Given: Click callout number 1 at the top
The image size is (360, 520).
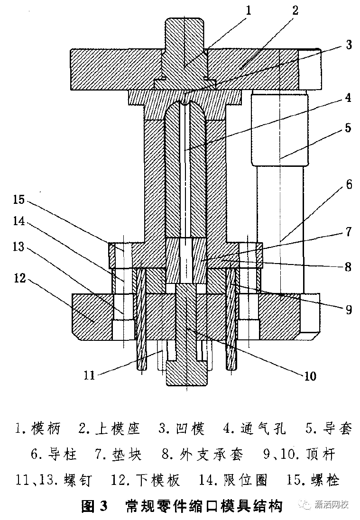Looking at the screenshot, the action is coord(248,10).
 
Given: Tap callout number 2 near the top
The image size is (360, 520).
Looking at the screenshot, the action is coord(295,10).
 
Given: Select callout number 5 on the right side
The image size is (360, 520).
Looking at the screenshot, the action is coord(348,128).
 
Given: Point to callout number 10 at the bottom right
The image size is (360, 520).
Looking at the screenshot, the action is coord(310,376).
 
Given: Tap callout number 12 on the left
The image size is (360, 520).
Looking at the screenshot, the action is coord(20,278).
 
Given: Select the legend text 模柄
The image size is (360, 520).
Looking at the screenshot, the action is coord(46,429).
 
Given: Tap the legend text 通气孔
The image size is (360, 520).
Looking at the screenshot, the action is coord(263,429).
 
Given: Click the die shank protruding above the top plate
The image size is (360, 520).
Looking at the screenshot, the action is coord(184,33).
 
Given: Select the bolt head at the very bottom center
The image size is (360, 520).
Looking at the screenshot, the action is coord(187,374).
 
